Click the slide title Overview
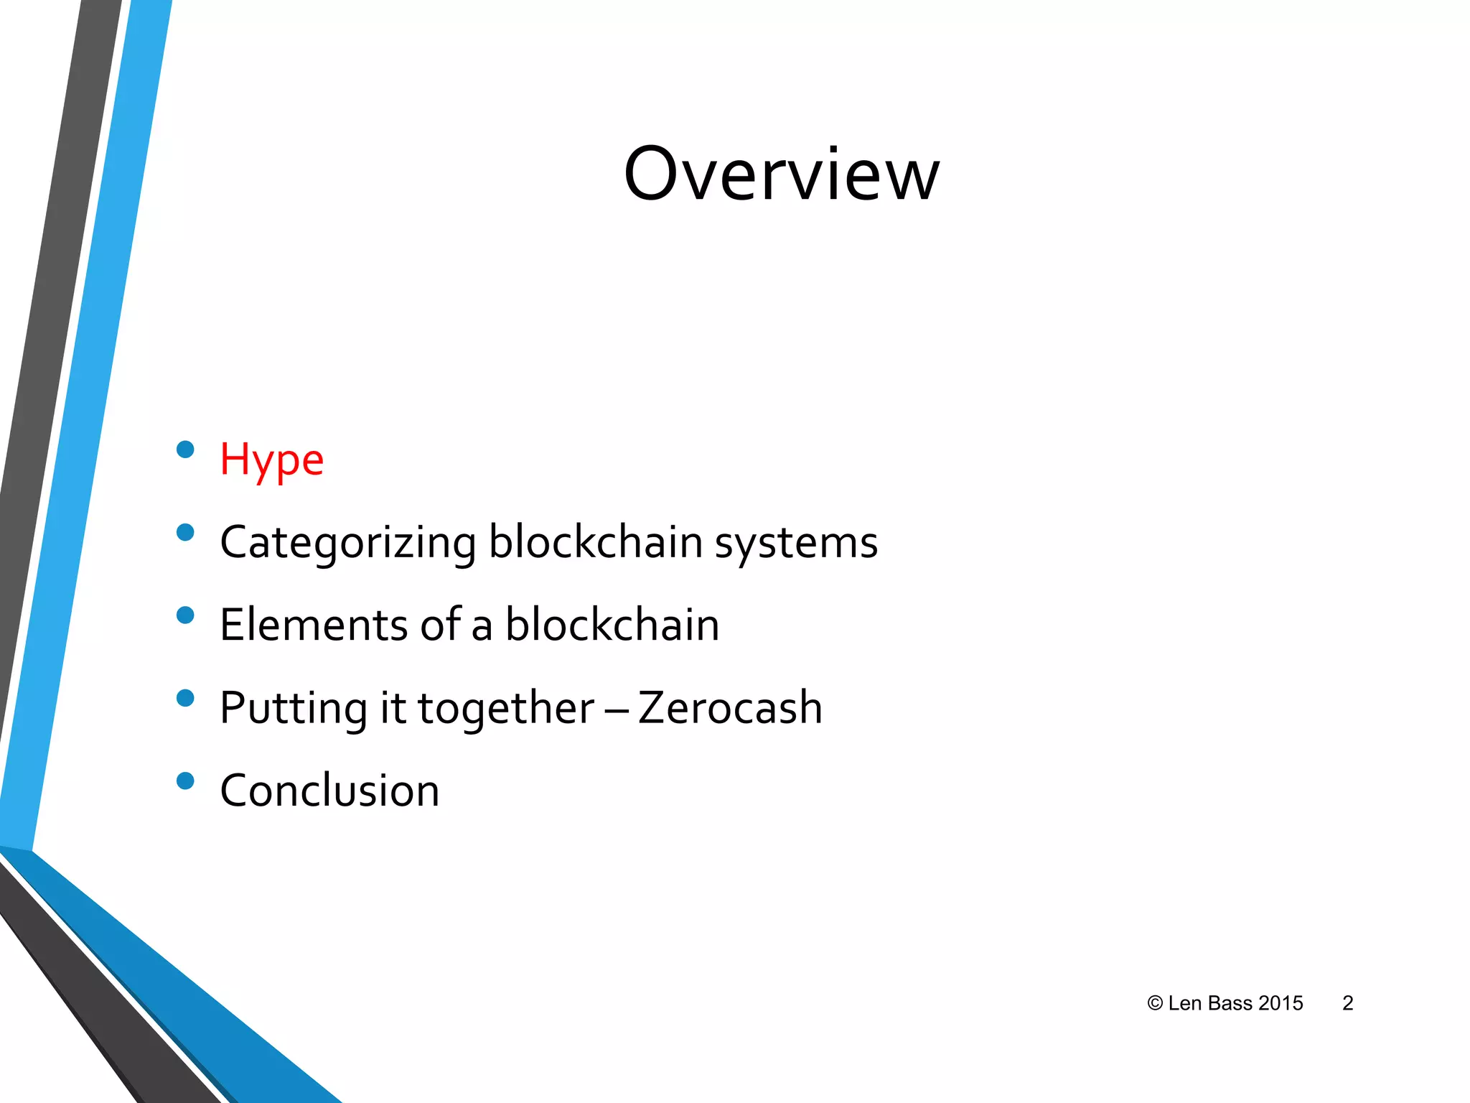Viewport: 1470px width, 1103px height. pyautogui.click(x=781, y=174)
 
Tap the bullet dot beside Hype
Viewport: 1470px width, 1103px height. pyautogui.click(x=185, y=450)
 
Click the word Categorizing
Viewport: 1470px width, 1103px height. pyautogui.click(x=348, y=543)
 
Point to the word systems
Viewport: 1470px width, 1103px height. pyautogui.click(x=796, y=543)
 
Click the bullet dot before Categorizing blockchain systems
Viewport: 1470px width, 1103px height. pyautogui.click(x=185, y=532)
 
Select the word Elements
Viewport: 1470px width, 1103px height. pyautogui.click(x=314, y=625)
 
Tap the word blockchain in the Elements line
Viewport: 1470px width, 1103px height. pyautogui.click(x=612, y=625)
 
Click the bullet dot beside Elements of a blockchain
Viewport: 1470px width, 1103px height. pyautogui.click(x=185, y=615)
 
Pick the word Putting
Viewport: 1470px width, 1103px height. pyautogui.click(x=294, y=708)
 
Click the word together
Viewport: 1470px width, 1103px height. pyautogui.click(x=506, y=708)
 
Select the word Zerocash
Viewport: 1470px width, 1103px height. pyautogui.click(x=730, y=708)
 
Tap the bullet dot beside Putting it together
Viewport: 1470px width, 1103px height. pyautogui.click(x=185, y=698)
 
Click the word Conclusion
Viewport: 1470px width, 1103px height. pyautogui.click(x=329, y=791)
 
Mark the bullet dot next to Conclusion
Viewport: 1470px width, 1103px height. pyautogui.click(x=185, y=781)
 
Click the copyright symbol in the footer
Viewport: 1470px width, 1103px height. pyautogui.click(x=1154, y=1003)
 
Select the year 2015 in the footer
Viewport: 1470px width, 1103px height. pyautogui.click(x=1281, y=1003)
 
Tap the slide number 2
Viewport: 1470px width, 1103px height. pyautogui.click(x=1347, y=1003)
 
